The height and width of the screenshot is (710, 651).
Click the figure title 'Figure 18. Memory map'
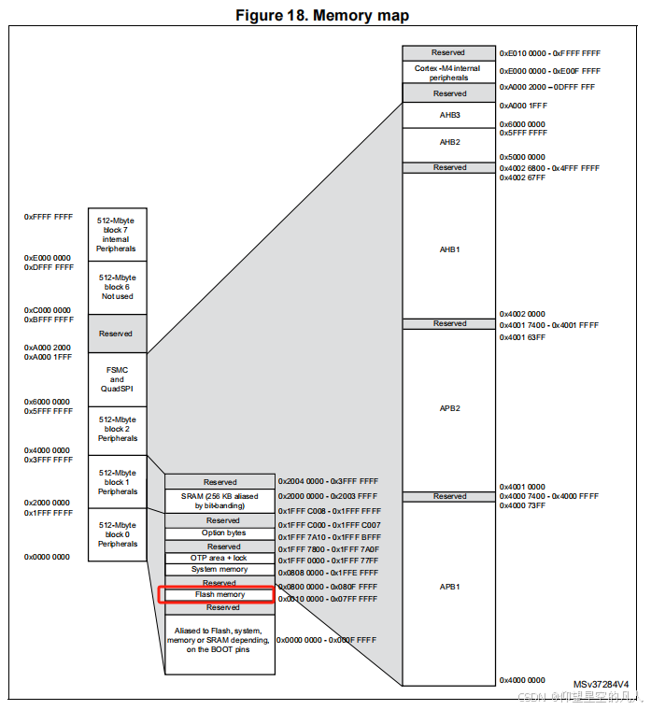click(322, 15)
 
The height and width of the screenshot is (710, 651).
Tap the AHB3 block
click(449, 115)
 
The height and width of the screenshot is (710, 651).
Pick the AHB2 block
click(449, 142)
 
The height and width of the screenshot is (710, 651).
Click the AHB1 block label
click(449, 249)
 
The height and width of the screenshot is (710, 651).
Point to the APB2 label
click(449, 408)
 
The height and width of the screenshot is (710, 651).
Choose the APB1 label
click(449, 587)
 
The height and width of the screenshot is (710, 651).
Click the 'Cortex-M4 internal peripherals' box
click(449, 73)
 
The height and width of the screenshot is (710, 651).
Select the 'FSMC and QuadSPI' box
click(117, 380)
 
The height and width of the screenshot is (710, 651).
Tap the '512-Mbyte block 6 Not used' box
click(117, 287)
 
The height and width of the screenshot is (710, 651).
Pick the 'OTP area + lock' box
click(219, 558)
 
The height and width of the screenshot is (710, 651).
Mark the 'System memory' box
click(219, 570)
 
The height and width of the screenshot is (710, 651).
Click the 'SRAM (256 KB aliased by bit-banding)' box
click(219, 500)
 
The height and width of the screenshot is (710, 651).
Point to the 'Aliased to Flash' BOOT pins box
click(220, 640)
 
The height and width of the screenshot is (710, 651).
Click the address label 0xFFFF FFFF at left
click(49, 217)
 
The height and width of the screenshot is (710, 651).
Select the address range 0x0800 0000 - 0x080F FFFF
click(327, 587)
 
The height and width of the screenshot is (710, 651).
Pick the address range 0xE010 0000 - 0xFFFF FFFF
click(549, 54)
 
